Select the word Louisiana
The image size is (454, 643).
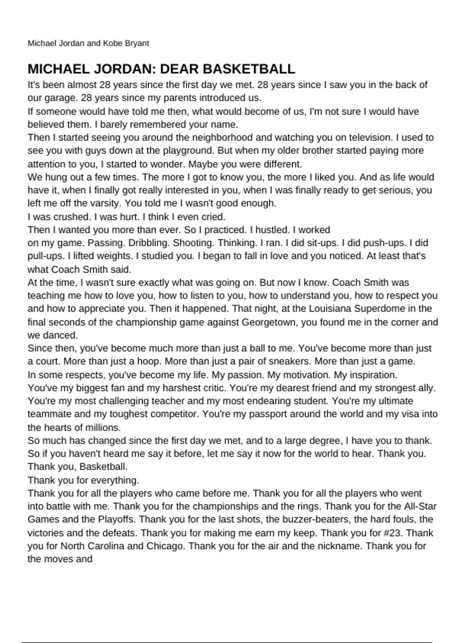coord(330,309)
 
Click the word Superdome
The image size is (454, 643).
coord(379,309)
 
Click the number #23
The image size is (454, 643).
coord(393,533)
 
